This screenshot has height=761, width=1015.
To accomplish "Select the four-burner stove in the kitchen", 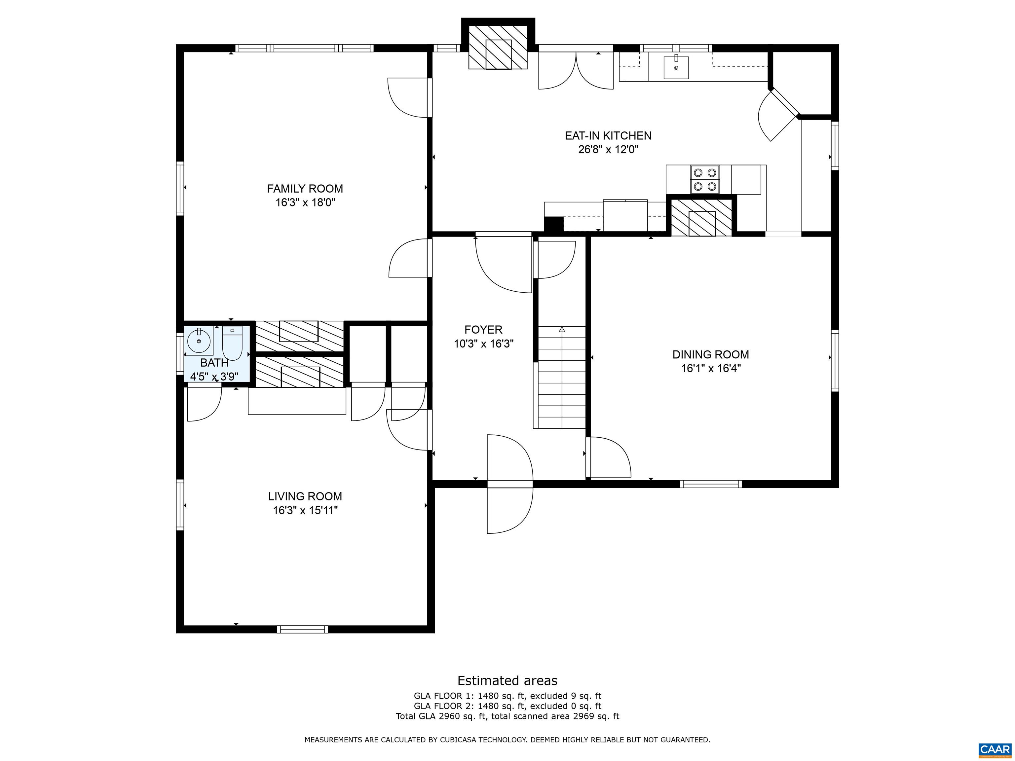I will pos(705,179).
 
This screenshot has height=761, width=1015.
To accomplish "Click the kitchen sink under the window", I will pos(676,67).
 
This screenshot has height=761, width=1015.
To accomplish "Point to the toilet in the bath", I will pos(232,344).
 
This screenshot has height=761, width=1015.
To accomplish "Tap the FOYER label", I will pos(483,329).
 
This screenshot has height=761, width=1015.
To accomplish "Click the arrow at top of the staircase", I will pos(562,329).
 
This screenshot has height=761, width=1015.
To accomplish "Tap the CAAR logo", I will pos(995,749).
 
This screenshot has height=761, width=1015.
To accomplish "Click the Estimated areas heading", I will pos(507,680).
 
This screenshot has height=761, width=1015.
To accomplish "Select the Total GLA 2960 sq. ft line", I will pos(507,716).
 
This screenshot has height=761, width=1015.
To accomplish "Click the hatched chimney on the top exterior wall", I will pos(498,47).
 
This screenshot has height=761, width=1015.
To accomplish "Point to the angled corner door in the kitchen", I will pos(778,115).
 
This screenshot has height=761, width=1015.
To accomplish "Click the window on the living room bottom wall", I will pos(302,629).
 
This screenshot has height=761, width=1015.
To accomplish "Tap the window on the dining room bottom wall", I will pos(710,484).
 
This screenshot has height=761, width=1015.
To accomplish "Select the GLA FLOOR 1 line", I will pos(507,696).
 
